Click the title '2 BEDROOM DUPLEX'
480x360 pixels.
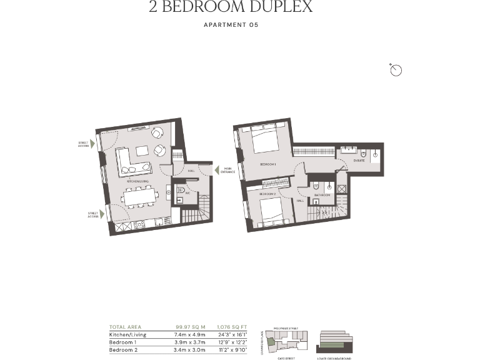pos(231,7)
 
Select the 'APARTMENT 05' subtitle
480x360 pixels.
pos(231,25)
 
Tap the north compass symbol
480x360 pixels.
pos(396,70)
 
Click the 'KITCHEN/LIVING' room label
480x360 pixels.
pos(137,181)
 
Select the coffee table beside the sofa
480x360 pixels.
pos(142,150)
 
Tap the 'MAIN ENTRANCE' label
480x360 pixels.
pos(228,170)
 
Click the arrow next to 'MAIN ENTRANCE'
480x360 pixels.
pos(216,169)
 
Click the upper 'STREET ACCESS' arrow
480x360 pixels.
pos(92,144)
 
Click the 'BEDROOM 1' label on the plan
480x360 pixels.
pos(268,164)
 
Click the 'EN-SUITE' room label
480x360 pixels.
pos(359,161)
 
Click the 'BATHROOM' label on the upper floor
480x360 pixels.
pos(322,195)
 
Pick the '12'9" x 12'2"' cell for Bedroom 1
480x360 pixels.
pos(232,342)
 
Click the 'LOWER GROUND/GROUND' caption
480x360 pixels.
pos(334,358)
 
